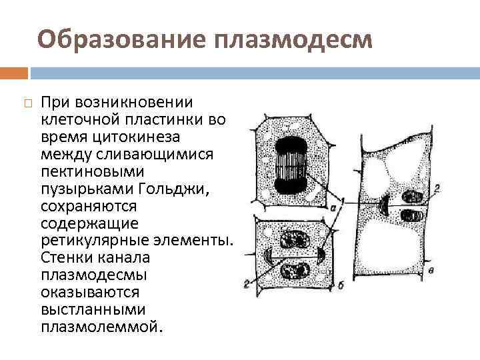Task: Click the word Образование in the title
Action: click(123, 40)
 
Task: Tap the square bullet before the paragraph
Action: click(25, 103)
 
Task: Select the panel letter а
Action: click(332, 209)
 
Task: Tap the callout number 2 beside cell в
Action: click(437, 190)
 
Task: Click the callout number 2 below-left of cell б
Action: click(246, 284)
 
